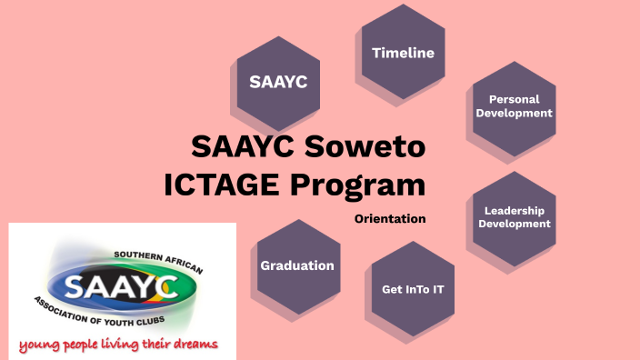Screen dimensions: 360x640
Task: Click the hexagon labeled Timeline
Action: click(x=403, y=53)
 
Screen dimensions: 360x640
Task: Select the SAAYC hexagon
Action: click(x=278, y=83)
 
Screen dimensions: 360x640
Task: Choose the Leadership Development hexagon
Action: click(x=515, y=217)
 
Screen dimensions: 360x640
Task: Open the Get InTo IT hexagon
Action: click(x=413, y=289)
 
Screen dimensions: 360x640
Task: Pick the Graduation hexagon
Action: click(x=297, y=265)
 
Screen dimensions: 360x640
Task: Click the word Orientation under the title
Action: click(x=390, y=219)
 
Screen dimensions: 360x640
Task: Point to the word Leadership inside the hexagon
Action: click(x=515, y=210)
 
